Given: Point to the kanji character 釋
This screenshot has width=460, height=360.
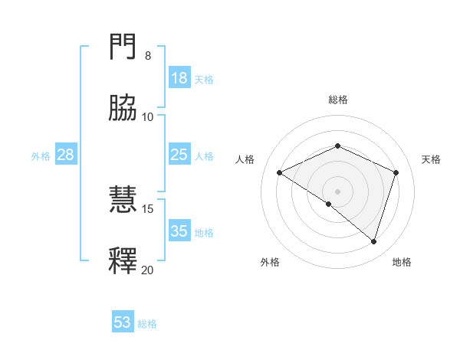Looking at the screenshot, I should pos(123,260).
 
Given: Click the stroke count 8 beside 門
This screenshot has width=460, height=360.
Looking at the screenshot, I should pos(148,56).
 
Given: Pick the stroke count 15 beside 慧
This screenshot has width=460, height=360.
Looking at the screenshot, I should pos(148,208).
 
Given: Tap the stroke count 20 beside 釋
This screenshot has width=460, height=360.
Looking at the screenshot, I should pos(148,270).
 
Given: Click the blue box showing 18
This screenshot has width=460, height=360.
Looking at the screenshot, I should pos(179,78).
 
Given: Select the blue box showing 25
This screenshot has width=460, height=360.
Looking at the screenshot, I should pos(179,155).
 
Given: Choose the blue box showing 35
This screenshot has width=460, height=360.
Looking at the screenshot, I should pos(179,231).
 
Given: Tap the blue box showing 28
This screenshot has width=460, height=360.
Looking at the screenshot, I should pos(66,155).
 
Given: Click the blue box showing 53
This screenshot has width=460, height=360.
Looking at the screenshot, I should pos(123,322).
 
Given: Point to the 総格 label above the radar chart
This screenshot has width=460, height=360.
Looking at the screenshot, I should pos(338,100).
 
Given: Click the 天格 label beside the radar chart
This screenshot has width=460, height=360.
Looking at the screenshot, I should pos(432,159).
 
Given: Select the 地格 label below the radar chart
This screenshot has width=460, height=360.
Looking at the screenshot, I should pos(402,262).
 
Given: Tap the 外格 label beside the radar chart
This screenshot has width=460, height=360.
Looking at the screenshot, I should pos(270,262).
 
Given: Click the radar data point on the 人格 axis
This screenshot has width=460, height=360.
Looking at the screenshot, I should pos(280,172).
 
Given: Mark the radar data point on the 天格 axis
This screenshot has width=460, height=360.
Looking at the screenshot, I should pos(396,172).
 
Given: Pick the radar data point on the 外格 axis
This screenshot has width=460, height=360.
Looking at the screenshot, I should pos(329,204).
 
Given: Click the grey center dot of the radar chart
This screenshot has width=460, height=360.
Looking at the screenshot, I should pos(338,191).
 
